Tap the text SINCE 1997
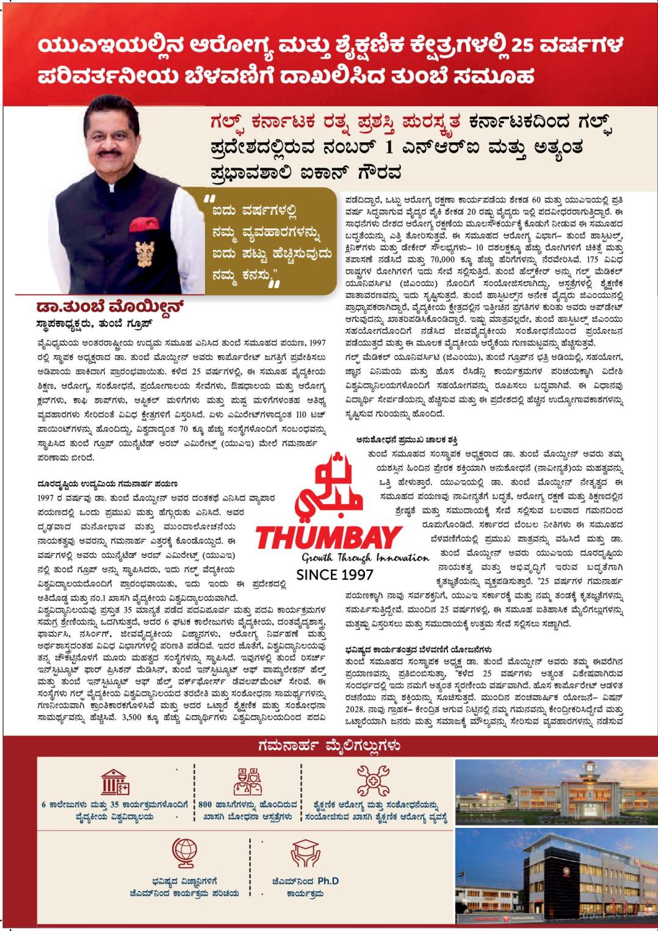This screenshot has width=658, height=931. (x=334, y=574)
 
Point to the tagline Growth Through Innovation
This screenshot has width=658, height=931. (x=365, y=557)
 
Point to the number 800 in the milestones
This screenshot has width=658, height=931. (x=206, y=804)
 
